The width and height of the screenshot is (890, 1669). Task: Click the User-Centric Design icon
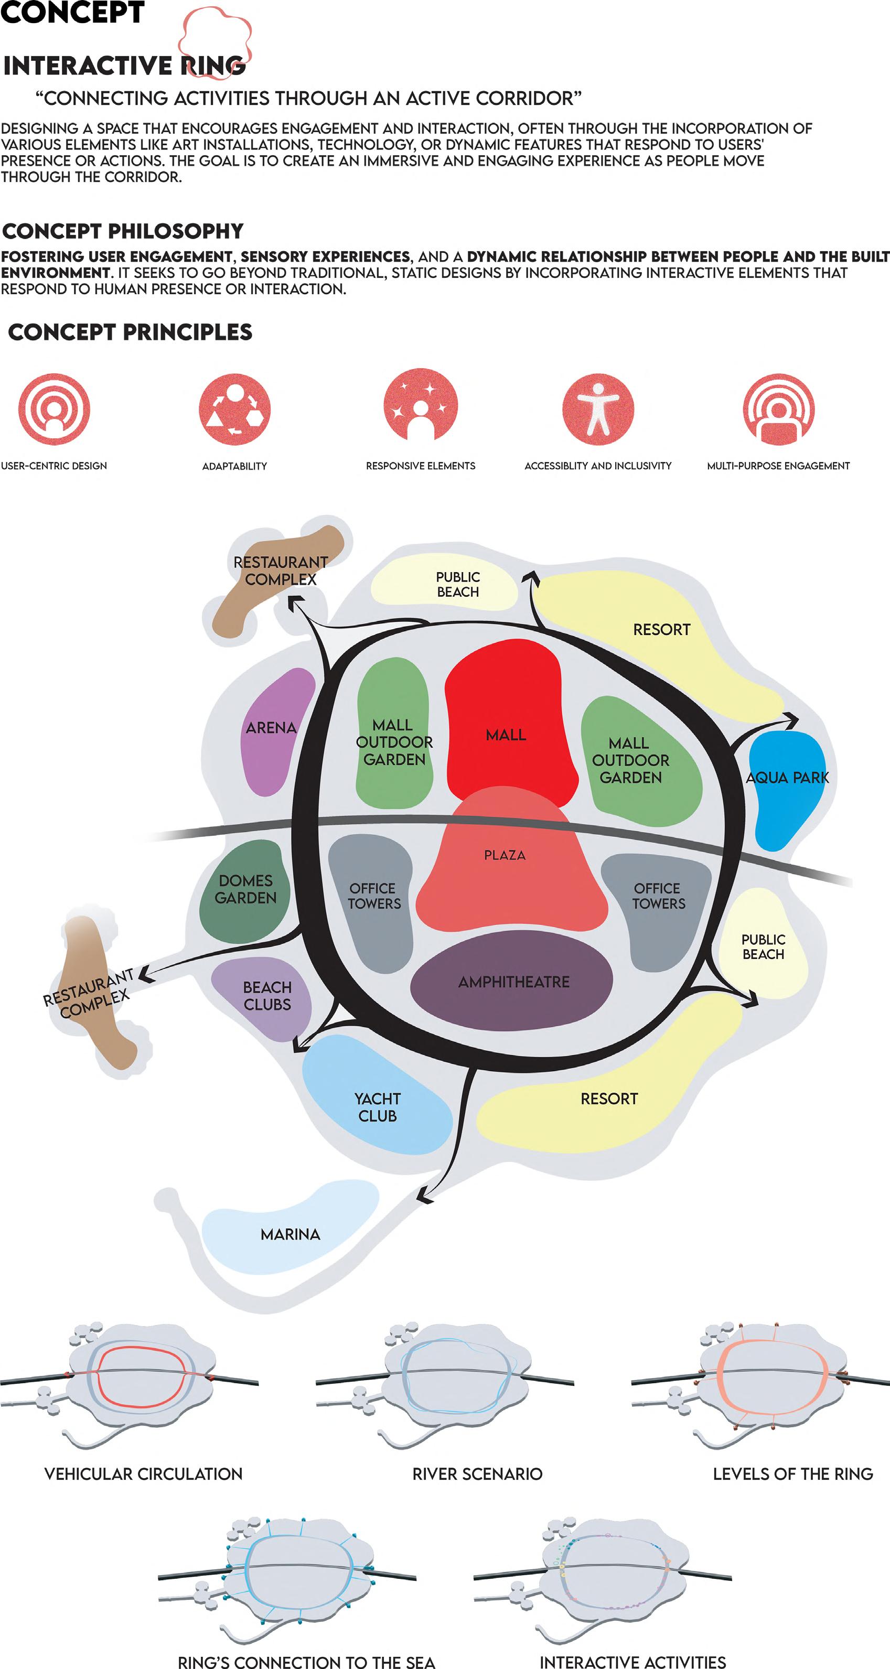click(x=54, y=409)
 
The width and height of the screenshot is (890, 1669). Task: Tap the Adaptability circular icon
click(x=234, y=409)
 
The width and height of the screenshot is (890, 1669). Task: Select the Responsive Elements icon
click(x=421, y=406)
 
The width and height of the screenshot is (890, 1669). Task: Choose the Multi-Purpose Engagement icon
click(x=778, y=409)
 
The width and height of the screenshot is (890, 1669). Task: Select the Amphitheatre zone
click(x=512, y=982)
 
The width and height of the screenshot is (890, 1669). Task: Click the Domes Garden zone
click(x=245, y=890)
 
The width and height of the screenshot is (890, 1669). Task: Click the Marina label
click(x=291, y=1234)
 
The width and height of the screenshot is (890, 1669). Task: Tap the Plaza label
click(x=505, y=855)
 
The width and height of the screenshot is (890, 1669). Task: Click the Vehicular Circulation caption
click(x=143, y=1474)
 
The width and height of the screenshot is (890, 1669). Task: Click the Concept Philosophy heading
click(x=123, y=231)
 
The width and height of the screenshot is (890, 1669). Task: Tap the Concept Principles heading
click(x=130, y=332)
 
